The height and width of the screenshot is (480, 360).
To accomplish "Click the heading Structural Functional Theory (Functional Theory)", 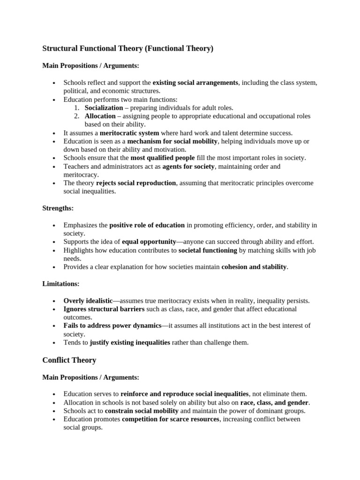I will (127, 48).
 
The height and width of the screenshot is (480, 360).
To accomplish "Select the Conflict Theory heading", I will (69, 360).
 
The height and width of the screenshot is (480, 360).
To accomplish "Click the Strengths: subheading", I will (58, 208).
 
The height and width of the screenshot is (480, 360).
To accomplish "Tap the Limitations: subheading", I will (60, 284).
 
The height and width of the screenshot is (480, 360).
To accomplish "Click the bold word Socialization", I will (104, 108).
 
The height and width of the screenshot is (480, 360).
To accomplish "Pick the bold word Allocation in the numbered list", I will (100, 116).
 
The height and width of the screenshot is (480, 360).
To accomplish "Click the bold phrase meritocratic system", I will (129, 133).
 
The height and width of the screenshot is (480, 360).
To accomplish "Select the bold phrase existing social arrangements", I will (195, 82).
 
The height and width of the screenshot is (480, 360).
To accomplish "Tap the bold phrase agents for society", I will (188, 166).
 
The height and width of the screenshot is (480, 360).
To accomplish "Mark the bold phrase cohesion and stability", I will (254, 267).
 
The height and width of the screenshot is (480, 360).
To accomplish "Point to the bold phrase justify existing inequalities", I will (130, 343).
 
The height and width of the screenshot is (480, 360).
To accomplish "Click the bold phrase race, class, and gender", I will (274, 402).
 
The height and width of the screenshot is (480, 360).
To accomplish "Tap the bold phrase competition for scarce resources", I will (170, 419).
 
